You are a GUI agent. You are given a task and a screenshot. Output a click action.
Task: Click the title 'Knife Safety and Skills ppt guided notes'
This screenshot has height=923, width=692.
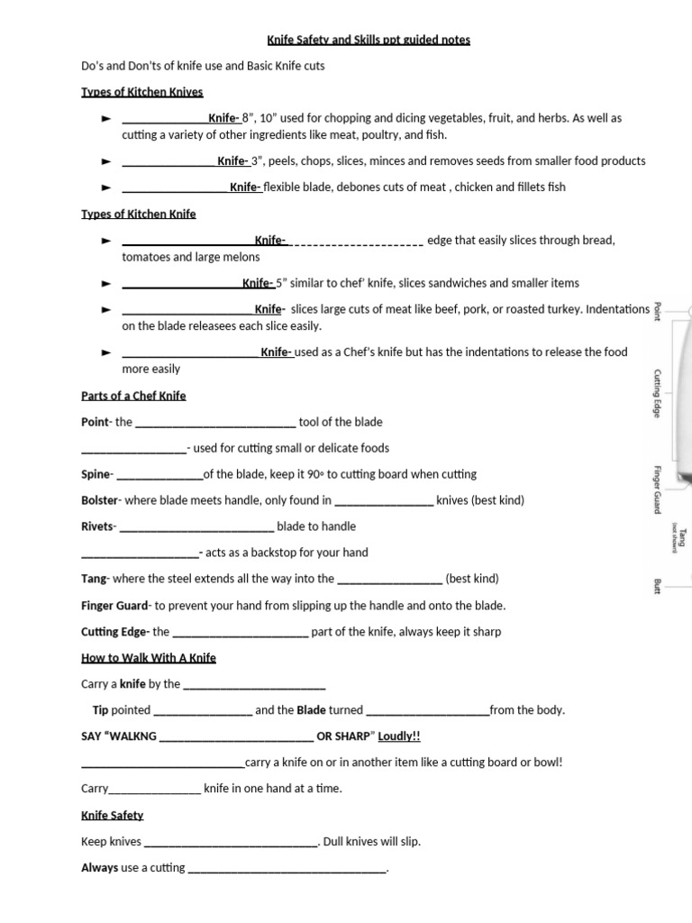tap(368, 40)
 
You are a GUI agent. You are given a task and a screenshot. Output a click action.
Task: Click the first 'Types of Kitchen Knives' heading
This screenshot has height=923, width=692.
tap(142, 92)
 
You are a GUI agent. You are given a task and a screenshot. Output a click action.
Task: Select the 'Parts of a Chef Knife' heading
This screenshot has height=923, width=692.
tap(133, 396)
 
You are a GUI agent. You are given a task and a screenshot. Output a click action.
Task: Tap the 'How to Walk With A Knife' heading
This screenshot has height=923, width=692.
tap(149, 658)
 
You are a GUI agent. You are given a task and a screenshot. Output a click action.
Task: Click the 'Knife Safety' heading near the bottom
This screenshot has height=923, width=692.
tap(113, 815)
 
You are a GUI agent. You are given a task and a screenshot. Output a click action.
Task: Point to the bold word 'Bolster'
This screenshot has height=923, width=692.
tap(99, 500)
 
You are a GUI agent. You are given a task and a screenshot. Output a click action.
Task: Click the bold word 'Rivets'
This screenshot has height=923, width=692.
tap(97, 526)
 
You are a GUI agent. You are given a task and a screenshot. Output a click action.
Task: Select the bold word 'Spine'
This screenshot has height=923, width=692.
tap(96, 474)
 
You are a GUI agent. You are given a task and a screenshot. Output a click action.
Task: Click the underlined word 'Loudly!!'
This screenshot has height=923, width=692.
tap(399, 736)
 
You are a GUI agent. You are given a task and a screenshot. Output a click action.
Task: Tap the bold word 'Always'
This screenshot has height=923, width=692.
tap(99, 868)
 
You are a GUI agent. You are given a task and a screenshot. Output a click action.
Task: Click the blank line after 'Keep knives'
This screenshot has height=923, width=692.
tap(230, 843)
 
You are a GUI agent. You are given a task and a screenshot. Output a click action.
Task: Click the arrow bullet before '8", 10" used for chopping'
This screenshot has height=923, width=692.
tap(105, 118)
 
